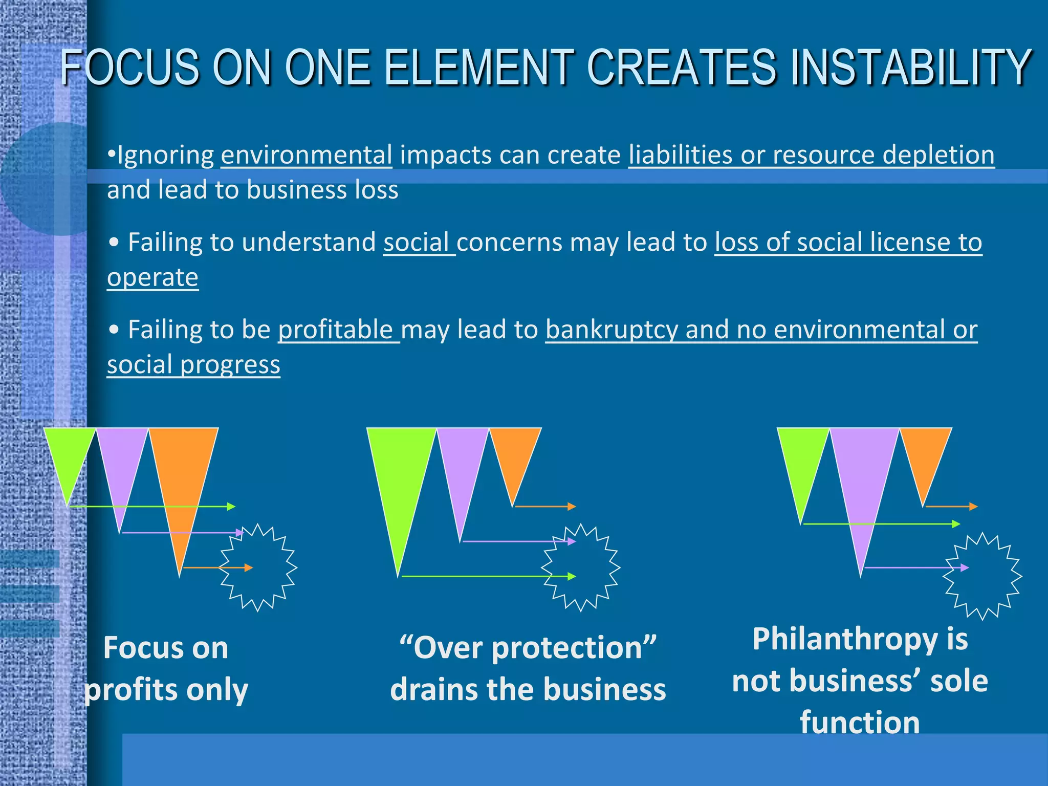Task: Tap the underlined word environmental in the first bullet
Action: click(307, 155)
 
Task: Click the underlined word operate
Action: click(152, 277)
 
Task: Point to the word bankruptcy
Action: click(612, 330)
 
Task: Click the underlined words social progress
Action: click(193, 365)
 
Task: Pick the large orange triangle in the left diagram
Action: click(183, 471)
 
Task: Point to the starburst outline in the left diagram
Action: click(259, 568)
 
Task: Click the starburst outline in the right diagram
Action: click(982, 577)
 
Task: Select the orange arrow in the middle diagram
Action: click(545, 507)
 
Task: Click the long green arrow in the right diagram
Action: click(880, 524)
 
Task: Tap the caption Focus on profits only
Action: click(166, 668)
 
